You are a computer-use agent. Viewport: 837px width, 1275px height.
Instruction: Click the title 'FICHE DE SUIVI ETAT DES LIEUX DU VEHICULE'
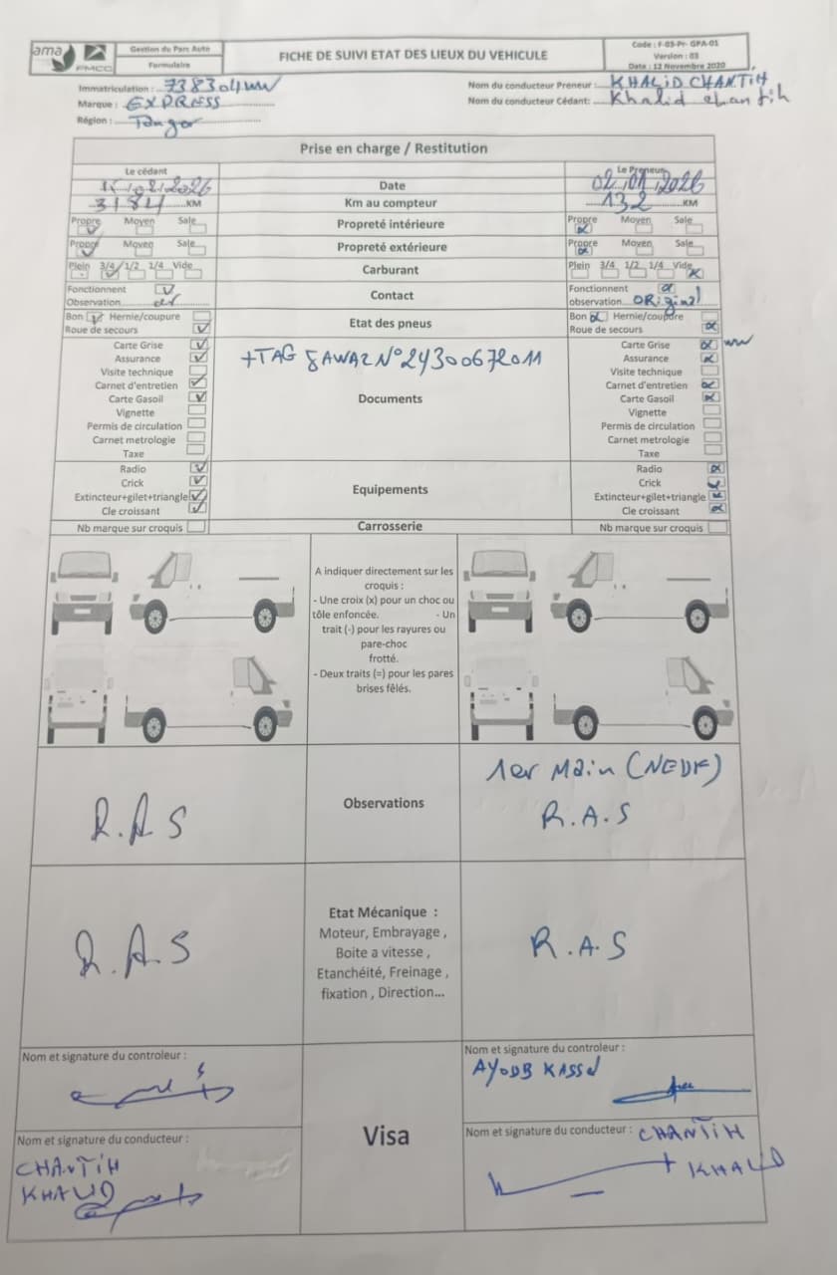coord(413,56)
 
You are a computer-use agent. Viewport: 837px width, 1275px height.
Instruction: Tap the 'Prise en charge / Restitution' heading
coord(394,148)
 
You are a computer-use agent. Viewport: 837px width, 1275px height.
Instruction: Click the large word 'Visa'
coord(386,1136)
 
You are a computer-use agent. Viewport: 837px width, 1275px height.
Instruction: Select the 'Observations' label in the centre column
coord(384,803)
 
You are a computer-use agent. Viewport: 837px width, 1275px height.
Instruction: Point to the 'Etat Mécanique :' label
coord(383,912)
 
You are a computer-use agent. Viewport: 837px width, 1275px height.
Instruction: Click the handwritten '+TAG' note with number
coord(391,356)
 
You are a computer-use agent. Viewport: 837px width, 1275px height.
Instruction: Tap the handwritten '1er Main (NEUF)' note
coord(604,769)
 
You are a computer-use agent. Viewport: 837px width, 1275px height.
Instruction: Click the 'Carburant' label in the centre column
coord(391,270)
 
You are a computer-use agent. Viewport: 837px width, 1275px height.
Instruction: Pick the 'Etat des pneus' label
coord(391,323)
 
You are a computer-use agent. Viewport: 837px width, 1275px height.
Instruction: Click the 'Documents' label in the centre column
coord(391,398)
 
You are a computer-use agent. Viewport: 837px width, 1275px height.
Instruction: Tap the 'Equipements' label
coord(391,489)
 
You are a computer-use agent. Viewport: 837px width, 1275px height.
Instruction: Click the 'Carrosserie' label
coord(391,526)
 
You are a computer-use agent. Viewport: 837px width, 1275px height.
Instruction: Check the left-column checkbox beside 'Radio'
coord(199,468)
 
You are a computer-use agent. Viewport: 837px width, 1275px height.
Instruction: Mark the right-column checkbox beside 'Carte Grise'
coord(709,345)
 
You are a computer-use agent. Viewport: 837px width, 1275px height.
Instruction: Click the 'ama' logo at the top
coord(47,51)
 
